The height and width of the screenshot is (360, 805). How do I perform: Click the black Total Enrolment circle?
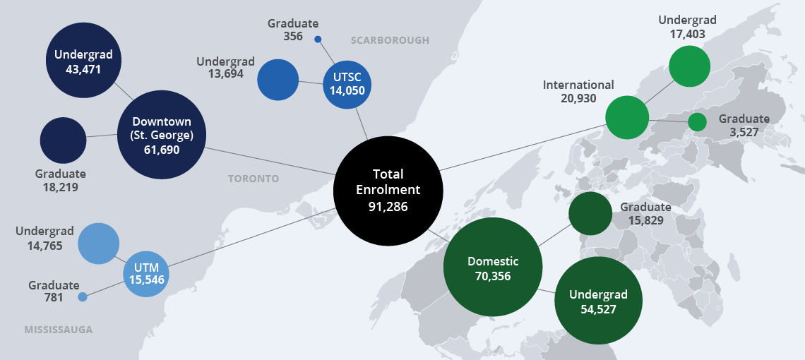click(388, 191)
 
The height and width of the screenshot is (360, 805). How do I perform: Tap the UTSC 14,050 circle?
click(347, 84)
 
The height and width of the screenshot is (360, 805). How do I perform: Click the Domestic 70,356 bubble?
click(493, 268)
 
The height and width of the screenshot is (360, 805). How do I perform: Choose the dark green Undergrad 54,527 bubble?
click(598, 300)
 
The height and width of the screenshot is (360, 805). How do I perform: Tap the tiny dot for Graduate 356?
click(318, 40)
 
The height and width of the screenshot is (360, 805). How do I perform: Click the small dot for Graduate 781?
click(83, 297)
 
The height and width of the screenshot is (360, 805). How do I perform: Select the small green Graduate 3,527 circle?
click(697, 122)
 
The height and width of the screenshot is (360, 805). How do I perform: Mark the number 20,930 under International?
click(578, 98)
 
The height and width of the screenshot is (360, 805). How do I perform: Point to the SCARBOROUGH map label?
click(389, 40)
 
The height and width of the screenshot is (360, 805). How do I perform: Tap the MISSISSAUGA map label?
click(59, 330)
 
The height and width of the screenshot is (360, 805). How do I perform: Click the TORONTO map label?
click(254, 179)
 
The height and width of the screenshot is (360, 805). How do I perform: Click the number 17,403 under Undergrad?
click(687, 33)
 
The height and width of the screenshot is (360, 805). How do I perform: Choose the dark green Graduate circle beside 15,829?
click(590, 213)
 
